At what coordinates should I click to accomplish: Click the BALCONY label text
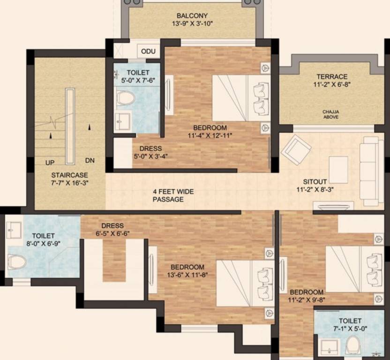tap(192, 15)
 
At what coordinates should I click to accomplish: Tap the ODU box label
tap(148, 51)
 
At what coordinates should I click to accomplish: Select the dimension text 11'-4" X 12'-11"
tap(210, 135)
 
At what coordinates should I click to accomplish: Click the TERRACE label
tap(331, 76)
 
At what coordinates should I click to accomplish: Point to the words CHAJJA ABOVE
tap(331, 114)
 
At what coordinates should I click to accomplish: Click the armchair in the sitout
tap(296, 149)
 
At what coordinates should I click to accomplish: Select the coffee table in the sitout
tap(338, 169)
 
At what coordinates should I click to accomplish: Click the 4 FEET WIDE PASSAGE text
tap(173, 195)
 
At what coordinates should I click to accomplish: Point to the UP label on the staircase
tap(50, 163)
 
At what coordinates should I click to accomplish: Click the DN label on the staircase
tap(90, 160)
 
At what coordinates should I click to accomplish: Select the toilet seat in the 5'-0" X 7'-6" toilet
tap(125, 98)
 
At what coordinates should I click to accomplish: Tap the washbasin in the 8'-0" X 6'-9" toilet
tap(14, 230)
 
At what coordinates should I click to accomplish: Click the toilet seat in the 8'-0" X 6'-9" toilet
tap(16, 261)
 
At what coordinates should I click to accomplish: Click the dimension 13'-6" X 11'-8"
tap(187, 275)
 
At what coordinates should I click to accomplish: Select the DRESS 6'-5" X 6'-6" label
tap(112, 229)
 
